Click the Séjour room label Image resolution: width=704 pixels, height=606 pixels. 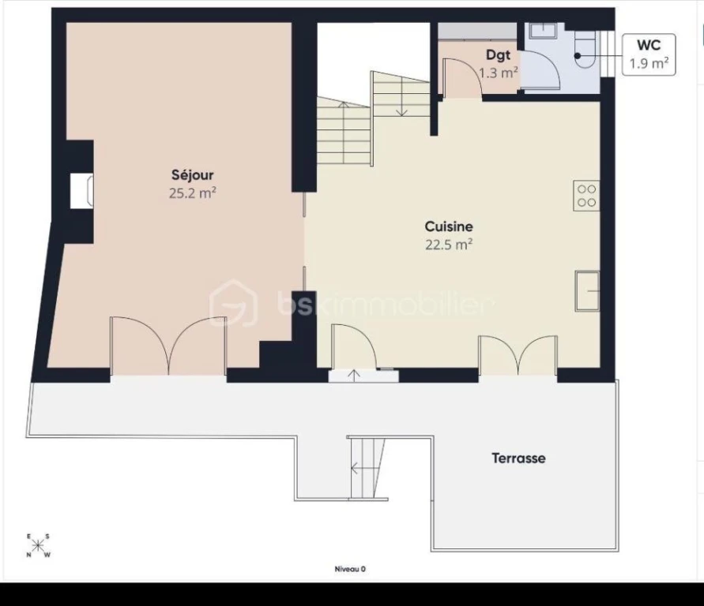pyautogui.click(x=192, y=175)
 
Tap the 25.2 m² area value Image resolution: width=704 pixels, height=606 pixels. pyautogui.click(x=193, y=193)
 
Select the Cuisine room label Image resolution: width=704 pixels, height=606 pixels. pyautogui.click(x=449, y=226)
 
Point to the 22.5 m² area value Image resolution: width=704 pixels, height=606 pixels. pyautogui.click(x=449, y=245)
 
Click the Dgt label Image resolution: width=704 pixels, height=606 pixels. pyautogui.click(x=498, y=54)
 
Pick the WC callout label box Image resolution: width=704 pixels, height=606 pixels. pyautogui.click(x=649, y=54)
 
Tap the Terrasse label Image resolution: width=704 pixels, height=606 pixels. pyautogui.click(x=518, y=458)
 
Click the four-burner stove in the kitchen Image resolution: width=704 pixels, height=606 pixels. pyautogui.click(x=586, y=196)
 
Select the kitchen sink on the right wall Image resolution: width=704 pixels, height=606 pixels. pyautogui.click(x=587, y=291)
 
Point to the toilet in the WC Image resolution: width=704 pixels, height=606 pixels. pyautogui.click(x=586, y=49)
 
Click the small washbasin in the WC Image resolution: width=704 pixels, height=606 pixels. pyautogui.click(x=543, y=31)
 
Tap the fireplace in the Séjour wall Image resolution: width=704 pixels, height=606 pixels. pyautogui.click(x=81, y=191)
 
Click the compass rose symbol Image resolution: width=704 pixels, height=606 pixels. pyautogui.click(x=38, y=545)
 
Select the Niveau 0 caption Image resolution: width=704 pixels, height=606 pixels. pyautogui.click(x=350, y=569)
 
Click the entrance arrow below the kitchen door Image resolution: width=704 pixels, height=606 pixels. pyautogui.click(x=354, y=376)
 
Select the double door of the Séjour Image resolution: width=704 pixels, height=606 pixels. pyautogui.click(x=168, y=346)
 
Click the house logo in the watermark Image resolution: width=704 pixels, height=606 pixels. pyautogui.click(x=233, y=303)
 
